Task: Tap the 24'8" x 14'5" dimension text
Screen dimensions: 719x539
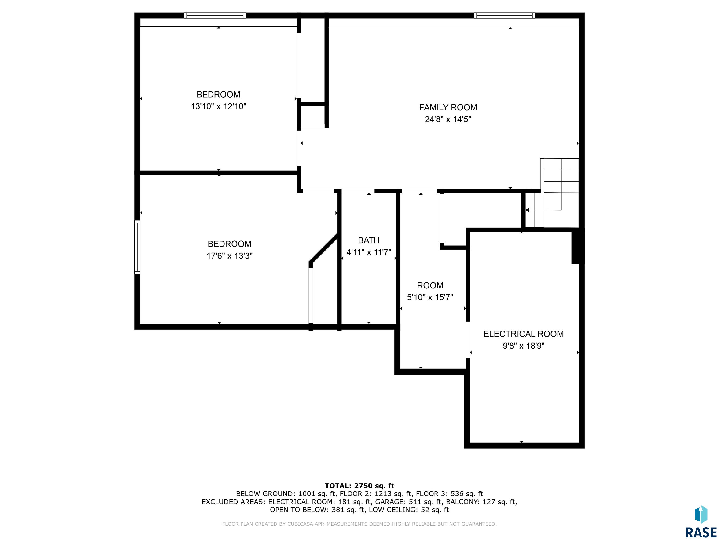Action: tap(448, 119)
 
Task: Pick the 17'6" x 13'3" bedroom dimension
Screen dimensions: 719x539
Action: tap(229, 256)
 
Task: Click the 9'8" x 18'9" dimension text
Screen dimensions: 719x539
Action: tap(523, 346)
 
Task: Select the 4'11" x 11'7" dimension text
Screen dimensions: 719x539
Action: tap(369, 252)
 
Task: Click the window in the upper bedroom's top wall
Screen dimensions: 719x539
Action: tap(215, 15)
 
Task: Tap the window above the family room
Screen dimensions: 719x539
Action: tap(504, 15)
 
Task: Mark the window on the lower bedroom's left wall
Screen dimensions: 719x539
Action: tap(137, 247)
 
